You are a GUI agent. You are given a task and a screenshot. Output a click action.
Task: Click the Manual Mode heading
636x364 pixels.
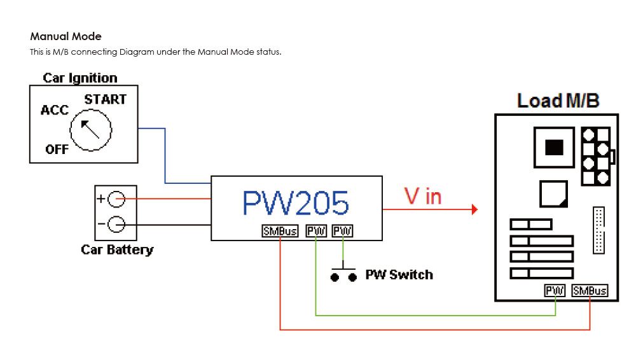[x=66, y=36]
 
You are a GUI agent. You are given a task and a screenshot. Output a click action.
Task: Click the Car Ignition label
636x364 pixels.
[x=80, y=78]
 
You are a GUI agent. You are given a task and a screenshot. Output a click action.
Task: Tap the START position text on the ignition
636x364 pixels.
[x=105, y=99]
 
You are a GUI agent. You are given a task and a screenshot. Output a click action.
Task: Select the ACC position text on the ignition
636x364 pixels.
[x=54, y=110]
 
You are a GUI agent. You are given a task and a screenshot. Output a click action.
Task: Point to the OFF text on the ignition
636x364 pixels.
[x=57, y=150]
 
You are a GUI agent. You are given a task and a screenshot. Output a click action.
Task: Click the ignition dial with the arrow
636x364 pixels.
[x=91, y=130]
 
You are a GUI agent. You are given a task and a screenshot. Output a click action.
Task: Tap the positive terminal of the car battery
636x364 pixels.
[x=116, y=199]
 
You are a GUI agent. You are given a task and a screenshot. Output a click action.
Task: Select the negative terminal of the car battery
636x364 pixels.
[x=116, y=224]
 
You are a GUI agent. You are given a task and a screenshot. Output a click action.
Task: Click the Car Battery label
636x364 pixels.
[x=117, y=249]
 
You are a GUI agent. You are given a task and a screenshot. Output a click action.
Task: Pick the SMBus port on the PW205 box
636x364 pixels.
[x=280, y=232]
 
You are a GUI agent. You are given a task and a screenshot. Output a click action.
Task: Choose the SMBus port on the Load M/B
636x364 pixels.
[x=590, y=291]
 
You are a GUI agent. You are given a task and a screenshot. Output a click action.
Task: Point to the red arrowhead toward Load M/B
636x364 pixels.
[x=474, y=209]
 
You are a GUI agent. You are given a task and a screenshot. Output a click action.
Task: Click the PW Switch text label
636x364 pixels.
[x=399, y=275]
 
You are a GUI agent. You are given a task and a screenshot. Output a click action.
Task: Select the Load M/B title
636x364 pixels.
[x=558, y=101]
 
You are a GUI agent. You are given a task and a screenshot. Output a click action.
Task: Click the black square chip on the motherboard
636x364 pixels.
[x=555, y=147]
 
